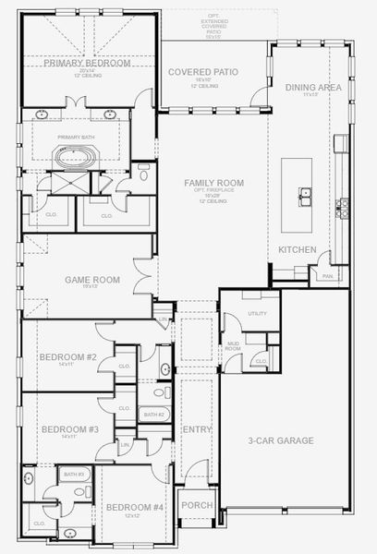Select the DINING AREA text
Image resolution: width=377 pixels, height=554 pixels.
click(314, 87)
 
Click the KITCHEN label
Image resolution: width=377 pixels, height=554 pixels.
click(298, 250)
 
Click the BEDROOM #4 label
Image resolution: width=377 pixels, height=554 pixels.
click(135, 508)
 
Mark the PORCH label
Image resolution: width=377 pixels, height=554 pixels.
click(197, 505)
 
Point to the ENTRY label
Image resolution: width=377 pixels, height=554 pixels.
click(198, 430)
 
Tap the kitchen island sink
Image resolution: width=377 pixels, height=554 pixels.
click(303, 195)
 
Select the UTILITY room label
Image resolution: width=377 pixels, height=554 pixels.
click(256, 314)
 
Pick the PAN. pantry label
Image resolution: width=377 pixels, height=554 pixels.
click(327, 275)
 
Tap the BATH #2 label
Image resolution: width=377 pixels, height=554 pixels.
click(153, 415)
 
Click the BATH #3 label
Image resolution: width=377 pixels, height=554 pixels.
click(74, 474)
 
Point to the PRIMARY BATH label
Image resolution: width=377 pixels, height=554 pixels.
click(76, 137)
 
